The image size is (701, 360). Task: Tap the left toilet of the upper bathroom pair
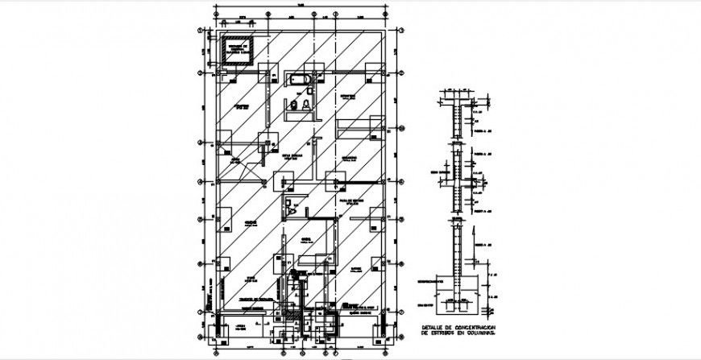(x=294, y=105)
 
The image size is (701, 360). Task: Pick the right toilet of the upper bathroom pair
(x=308, y=105)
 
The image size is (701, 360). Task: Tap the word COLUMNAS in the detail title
(x=487, y=332)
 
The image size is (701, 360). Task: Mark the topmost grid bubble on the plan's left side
(x=201, y=31)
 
